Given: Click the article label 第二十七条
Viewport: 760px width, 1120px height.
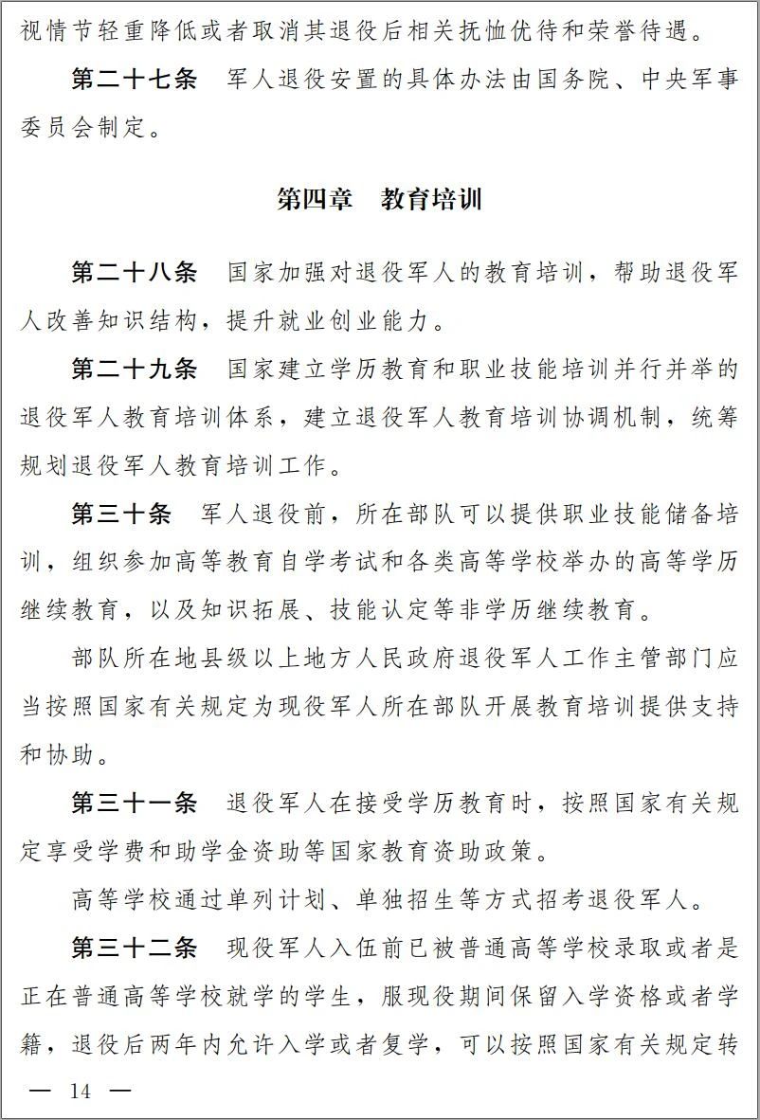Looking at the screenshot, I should [135, 80].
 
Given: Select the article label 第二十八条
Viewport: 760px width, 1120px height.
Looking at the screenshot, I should [135, 273].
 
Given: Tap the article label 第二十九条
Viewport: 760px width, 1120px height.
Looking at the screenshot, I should [135, 370].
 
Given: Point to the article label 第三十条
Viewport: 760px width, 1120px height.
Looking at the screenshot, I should [121, 515].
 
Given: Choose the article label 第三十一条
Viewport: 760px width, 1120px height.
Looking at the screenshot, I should [135, 804].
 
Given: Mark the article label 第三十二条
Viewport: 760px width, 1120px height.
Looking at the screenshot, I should [135, 948].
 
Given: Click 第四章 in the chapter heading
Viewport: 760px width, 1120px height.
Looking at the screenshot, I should [315, 200].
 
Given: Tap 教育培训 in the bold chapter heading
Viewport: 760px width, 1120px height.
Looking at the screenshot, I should [432, 200].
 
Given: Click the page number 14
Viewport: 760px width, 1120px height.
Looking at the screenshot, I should [81, 1092].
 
